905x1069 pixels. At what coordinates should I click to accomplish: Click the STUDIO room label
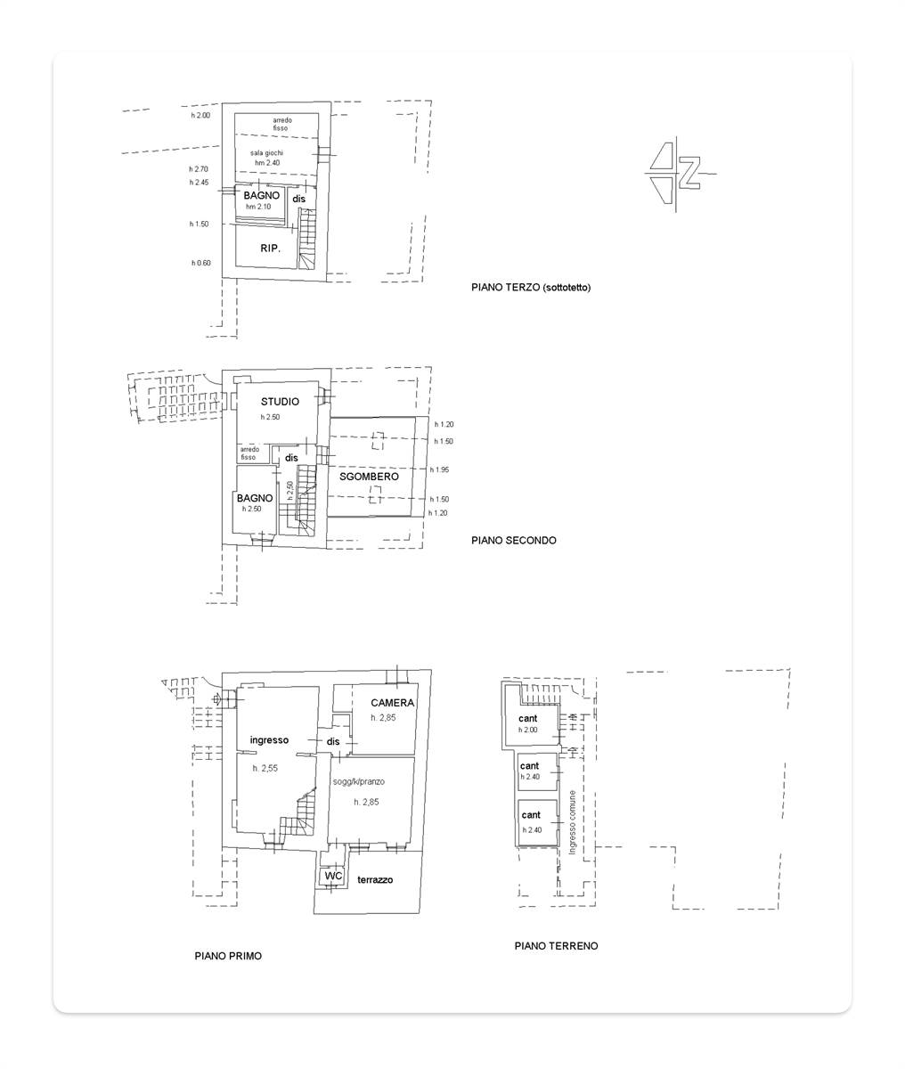pyautogui.click(x=280, y=402)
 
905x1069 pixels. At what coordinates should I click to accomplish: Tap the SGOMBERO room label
pyautogui.click(x=369, y=477)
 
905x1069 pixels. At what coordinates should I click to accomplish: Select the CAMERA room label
pyautogui.click(x=393, y=702)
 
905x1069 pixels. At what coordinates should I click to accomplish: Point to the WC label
pyautogui.click(x=333, y=876)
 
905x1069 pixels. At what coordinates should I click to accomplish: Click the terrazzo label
pyautogui.click(x=375, y=880)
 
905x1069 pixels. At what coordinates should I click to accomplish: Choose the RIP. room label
pyautogui.click(x=271, y=249)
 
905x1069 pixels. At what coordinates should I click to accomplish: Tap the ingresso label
pyautogui.click(x=269, y=740)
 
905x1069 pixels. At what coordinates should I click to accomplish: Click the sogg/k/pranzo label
pyautogui.click(x=359, y=781)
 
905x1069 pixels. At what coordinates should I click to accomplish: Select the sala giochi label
pyautogui.click(x=267, y=153)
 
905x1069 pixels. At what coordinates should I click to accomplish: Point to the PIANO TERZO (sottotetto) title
pyautogui.click(x=531, y=288)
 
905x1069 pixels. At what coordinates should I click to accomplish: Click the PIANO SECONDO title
pyautogui.click(x=514, y=541)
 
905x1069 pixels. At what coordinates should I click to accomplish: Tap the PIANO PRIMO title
pyautogui.click(x=228, y=956)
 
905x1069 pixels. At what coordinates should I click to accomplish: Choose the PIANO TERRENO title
pyautogui.click(x=556, y=945)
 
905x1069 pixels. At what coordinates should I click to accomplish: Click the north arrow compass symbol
pyautogui.click(x=678, y=173)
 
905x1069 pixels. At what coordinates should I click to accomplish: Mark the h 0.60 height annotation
pyautogui.click(x=201, y=263)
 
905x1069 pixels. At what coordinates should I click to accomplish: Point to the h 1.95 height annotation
pyautogui.click(x=439, y=469)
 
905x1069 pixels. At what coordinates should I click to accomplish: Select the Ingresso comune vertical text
pyautogui.click(x=572, y=822)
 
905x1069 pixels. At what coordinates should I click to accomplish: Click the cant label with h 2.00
pyautogui.click(x=528, y=718)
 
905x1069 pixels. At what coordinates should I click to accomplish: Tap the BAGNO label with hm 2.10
pyautogui.click(x=262, y=195)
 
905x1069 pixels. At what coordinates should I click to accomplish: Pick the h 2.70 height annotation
pyautogui.click(x=199, y=169)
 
